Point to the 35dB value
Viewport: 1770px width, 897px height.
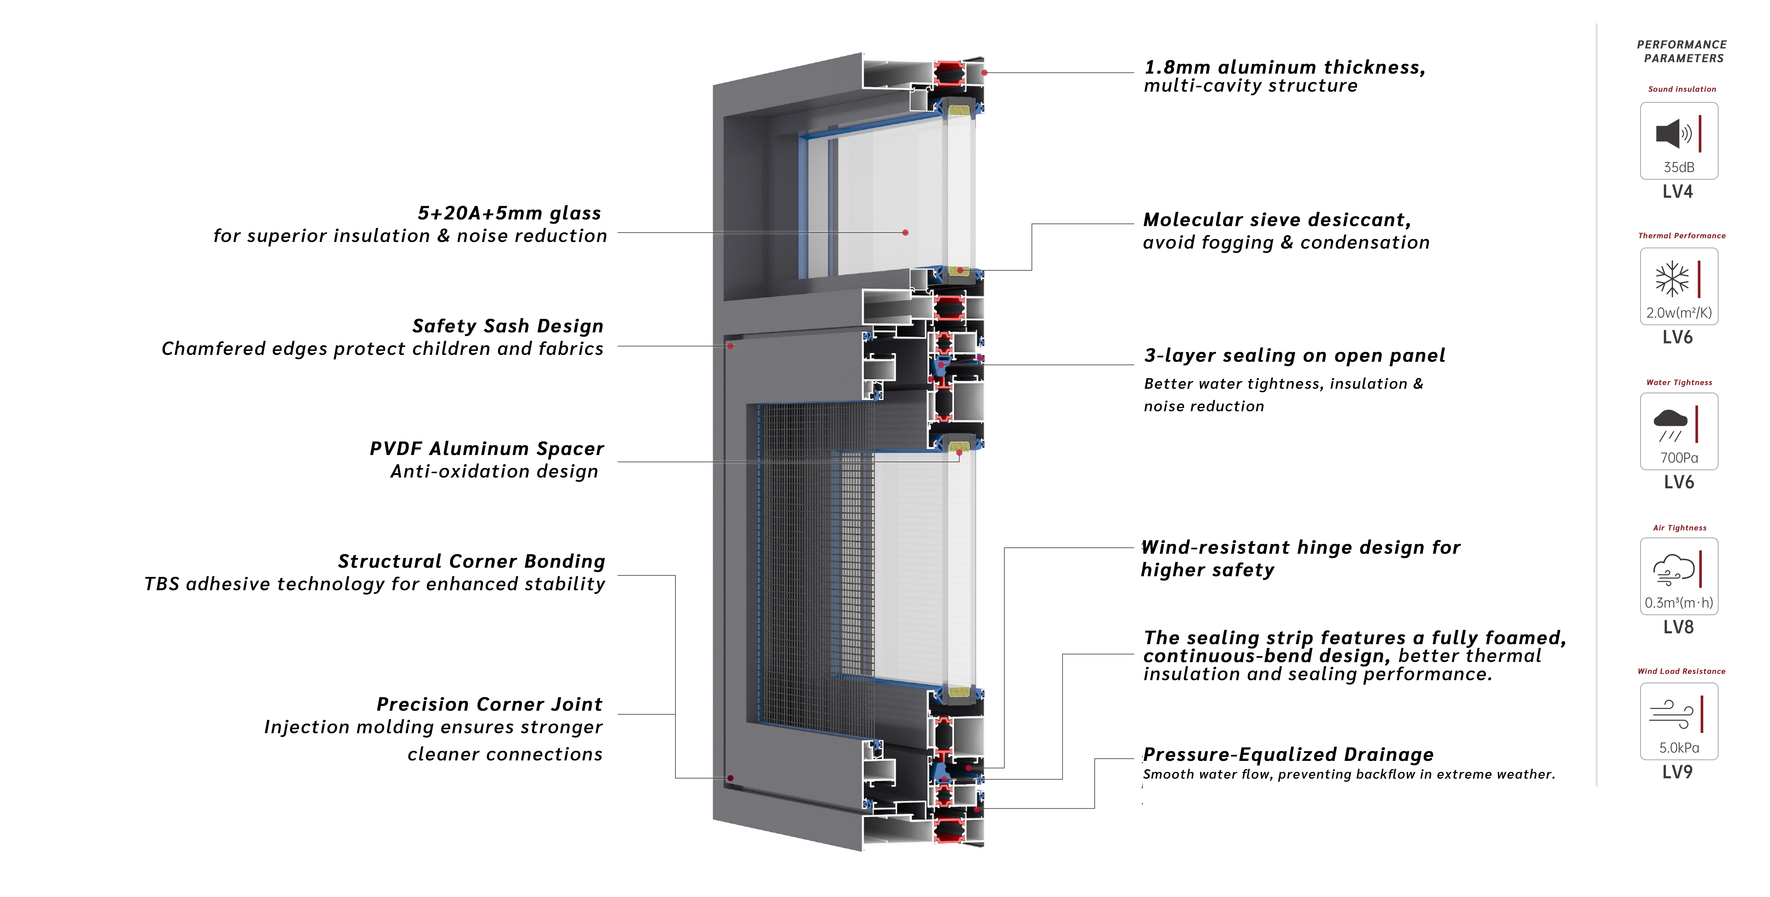point(1679,167)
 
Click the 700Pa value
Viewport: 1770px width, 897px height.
point(1679,458)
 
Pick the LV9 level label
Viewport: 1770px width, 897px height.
point(1677,772)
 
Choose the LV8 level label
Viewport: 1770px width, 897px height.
point(1678,627)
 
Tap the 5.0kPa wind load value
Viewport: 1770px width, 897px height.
point(1679,748)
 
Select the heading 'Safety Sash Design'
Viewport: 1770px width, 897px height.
point(508,326)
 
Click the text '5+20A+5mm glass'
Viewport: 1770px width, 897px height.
point(509,213)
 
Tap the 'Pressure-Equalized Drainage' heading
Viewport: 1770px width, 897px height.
point(1288,755)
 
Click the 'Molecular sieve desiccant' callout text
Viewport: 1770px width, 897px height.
point(1277,220)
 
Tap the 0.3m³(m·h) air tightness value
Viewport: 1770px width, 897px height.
point(1679,603)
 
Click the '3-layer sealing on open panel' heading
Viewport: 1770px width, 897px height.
point(1295,355)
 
